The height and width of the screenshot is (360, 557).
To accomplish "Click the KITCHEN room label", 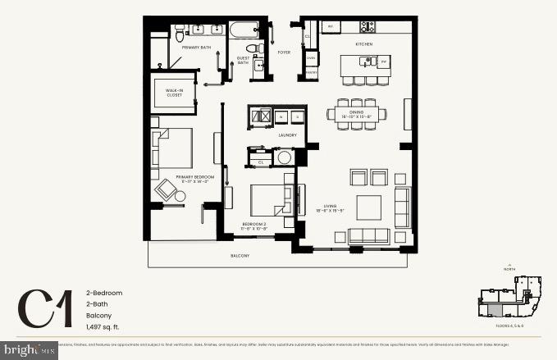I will tap(363, 43).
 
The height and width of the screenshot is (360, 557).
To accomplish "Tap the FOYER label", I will tap(284, 52).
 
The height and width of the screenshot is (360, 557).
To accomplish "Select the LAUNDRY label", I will tap(287, 135).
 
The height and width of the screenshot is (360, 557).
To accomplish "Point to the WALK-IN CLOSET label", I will tap(174, 93).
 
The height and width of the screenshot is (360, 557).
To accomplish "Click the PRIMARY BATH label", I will tap(197, 48).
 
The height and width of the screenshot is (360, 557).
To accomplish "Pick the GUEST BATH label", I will tap(244, 60).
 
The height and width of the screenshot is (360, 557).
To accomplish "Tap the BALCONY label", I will tap(240, 257).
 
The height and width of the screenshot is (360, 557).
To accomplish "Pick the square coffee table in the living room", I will tap(368, 206).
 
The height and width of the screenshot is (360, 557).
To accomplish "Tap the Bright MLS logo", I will tap(29, 350).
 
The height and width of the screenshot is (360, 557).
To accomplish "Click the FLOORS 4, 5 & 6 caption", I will tap(509, 326).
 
